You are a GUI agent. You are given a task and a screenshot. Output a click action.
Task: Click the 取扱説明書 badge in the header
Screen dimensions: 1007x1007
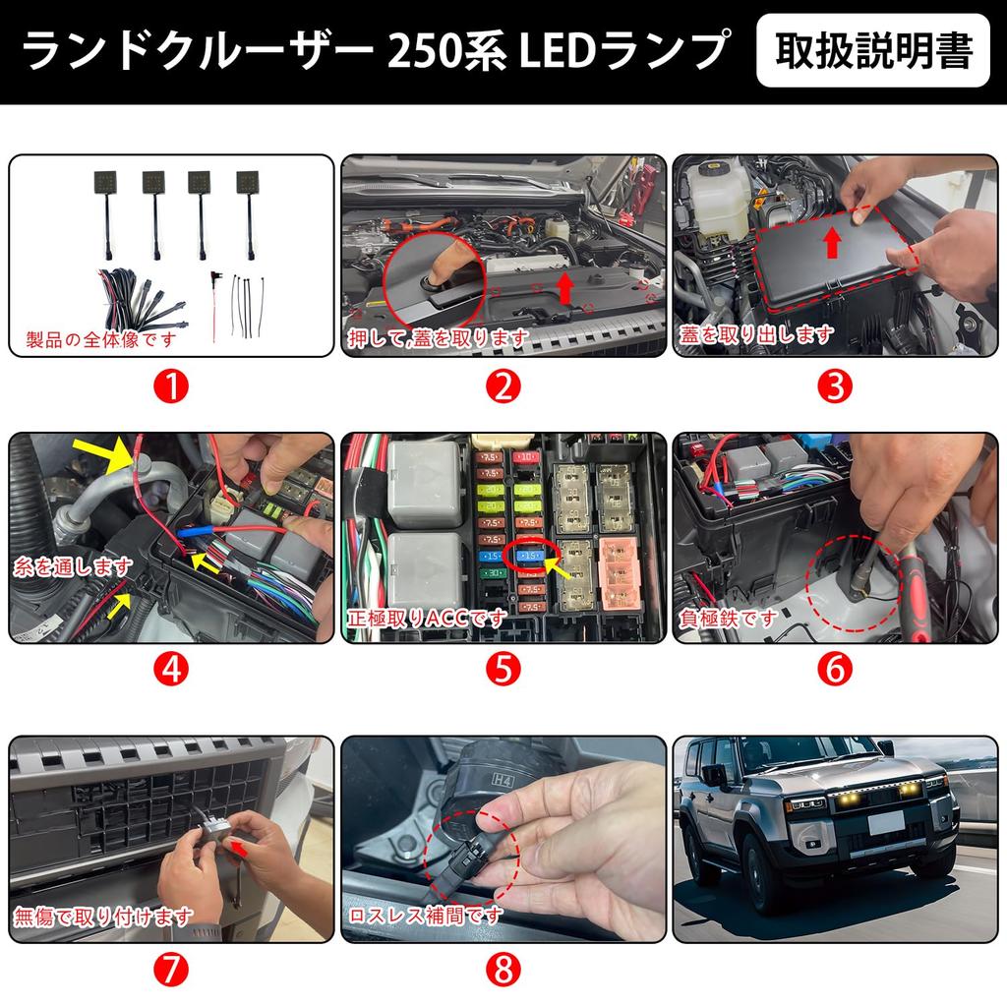point(873,50)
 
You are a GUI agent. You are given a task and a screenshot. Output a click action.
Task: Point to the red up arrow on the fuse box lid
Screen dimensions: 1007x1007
point(832,241)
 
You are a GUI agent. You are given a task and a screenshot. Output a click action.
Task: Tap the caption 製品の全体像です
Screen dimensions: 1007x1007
point(98,340)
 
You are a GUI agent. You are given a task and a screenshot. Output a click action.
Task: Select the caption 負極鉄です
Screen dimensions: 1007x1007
point(729,619)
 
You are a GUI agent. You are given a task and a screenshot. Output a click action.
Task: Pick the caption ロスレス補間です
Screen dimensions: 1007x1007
point(426,915)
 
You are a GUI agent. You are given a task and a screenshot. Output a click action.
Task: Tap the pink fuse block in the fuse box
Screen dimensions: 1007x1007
point(619,574)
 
